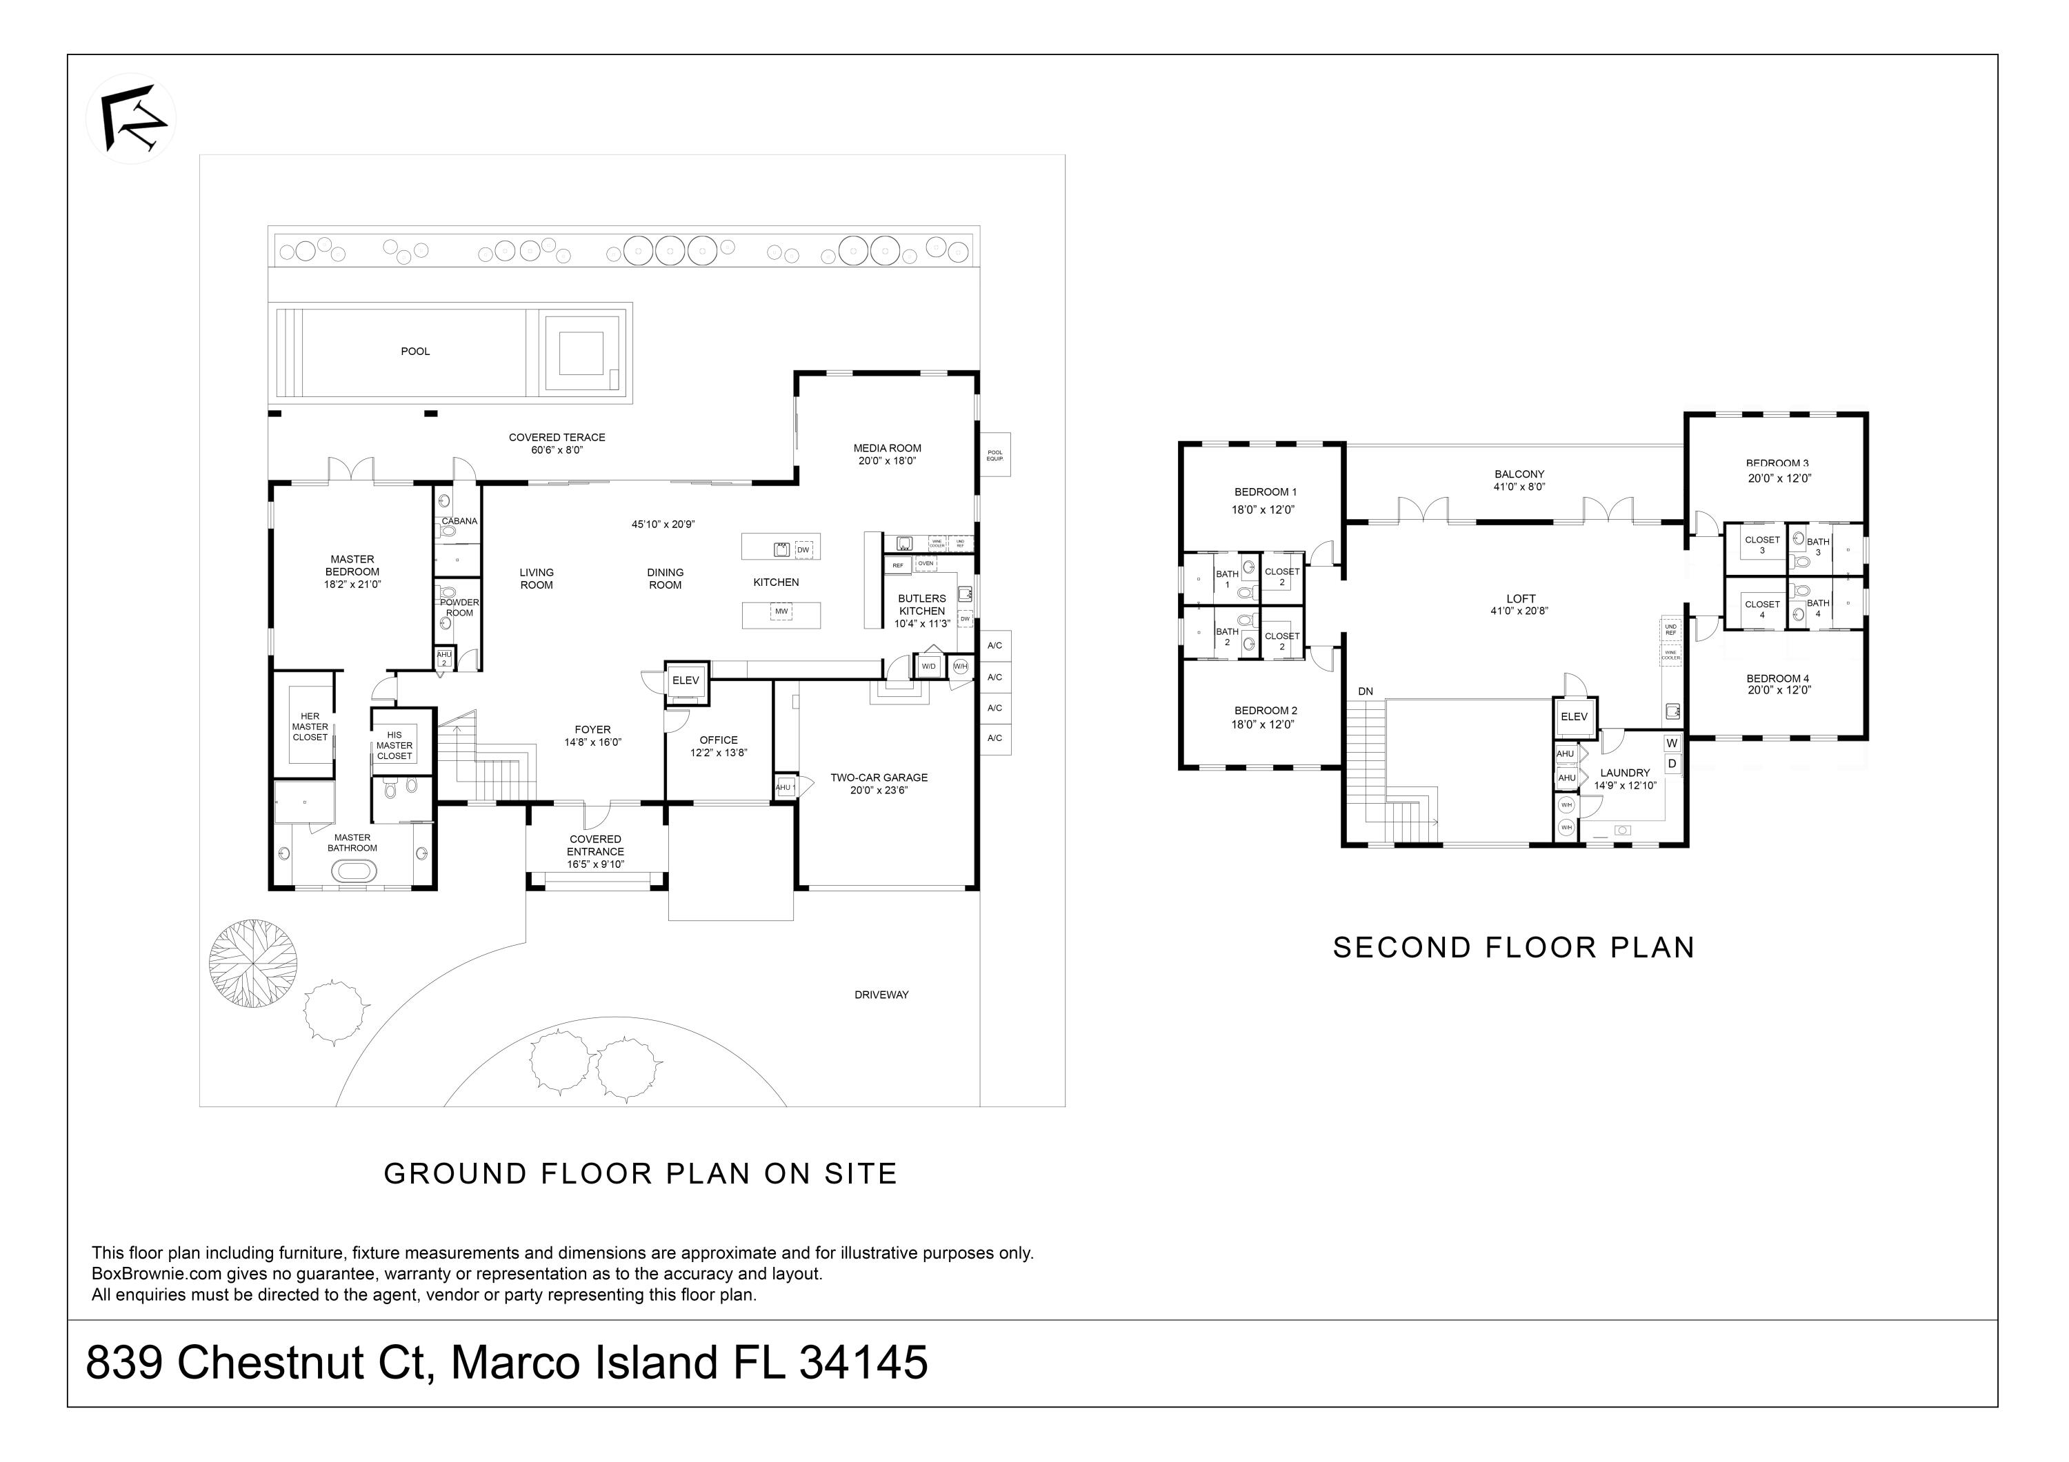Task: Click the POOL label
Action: click(x=415, y=352)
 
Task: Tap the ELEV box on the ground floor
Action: click(x=686, y=681)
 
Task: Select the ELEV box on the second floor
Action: click(x=1575, y=717)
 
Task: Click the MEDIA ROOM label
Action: click(x=888, y=449)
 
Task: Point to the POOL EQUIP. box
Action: click(x=995, y=456)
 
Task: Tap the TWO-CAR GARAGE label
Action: click(x=879, y=778)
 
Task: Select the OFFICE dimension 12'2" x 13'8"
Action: click(x=718, y=753)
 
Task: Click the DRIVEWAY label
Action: click(x=881, y=995)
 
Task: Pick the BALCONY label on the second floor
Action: click(x=1519, y=474)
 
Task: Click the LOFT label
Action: click(x=1521, y=599)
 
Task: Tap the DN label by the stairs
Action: click(x=1366, y=692)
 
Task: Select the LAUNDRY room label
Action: click(x=1625, y=773)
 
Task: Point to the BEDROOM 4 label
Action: click(x=1778, y=678)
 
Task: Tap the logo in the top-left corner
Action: click(x=132, y=119)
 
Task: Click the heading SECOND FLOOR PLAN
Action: click(x=1514, y=948)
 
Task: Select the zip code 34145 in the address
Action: click(x=863, y=1363)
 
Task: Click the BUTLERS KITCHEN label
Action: click(x=922, y=605)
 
